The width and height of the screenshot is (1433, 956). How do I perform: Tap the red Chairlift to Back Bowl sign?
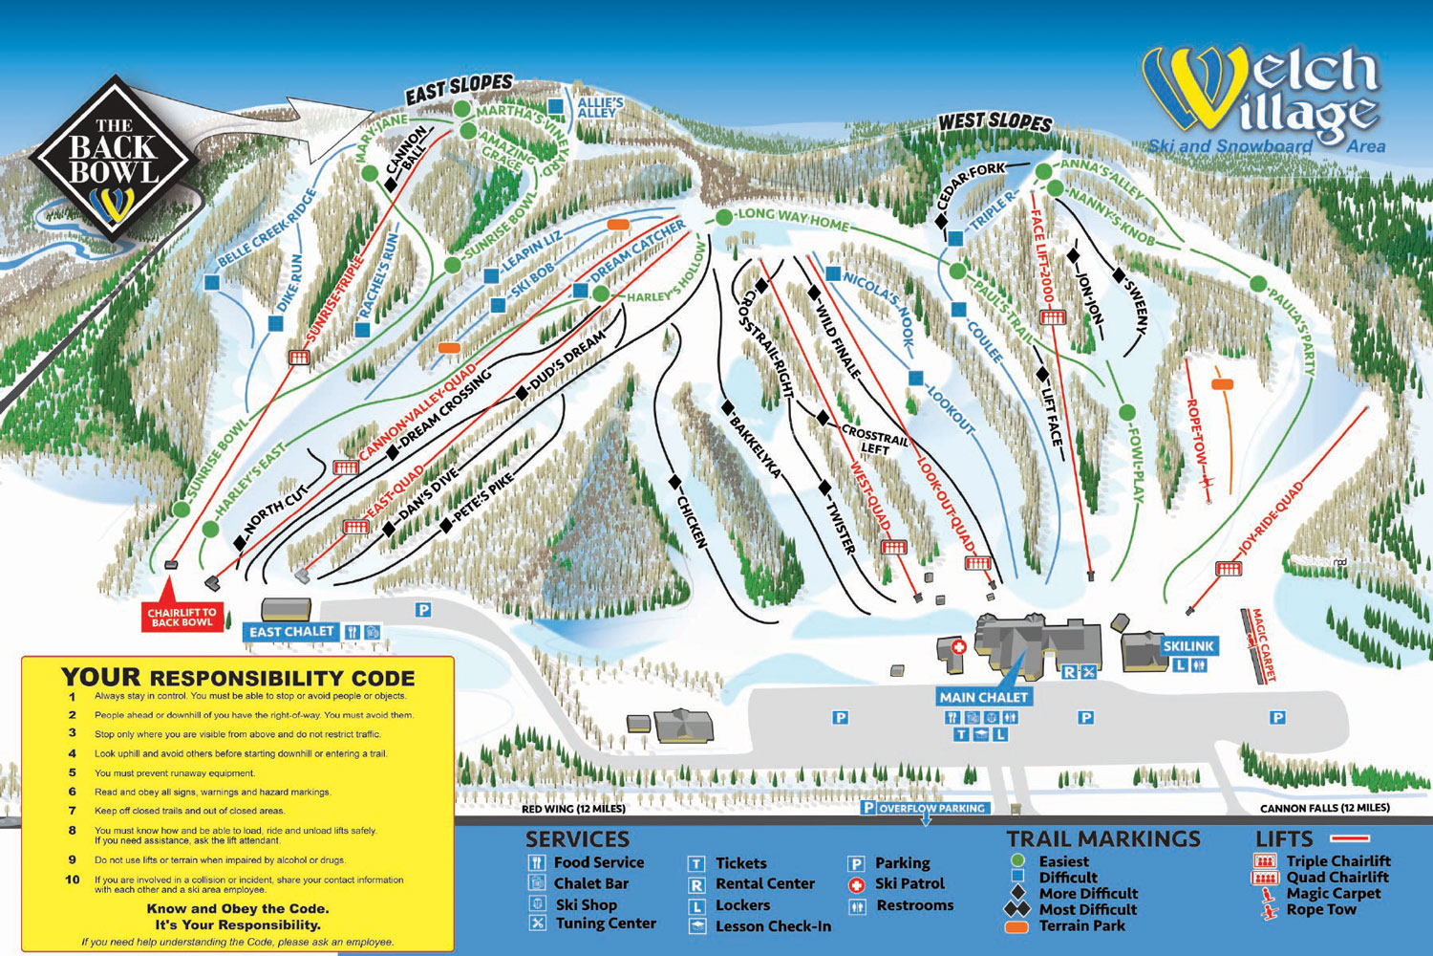[182, 617]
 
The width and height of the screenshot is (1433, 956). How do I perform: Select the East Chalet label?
[291, 632]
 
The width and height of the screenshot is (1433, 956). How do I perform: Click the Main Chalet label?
[983, 697]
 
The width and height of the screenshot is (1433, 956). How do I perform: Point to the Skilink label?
[1187, 646]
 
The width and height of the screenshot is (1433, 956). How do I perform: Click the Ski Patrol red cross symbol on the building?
[958, 647]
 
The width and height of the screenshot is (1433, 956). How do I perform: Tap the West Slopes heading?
[995, 121]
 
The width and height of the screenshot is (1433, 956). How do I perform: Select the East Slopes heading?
[459, 90]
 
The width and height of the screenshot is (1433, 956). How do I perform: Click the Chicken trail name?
[692, 522]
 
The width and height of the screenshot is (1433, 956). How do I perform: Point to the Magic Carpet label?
[1263, 645]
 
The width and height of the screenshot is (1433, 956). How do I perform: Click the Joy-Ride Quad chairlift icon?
[1228, 569]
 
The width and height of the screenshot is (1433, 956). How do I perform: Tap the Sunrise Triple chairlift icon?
[299, 357]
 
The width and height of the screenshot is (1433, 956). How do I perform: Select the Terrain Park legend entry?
[1081, 926]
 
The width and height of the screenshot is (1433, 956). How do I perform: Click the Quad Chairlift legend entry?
[1337, 878]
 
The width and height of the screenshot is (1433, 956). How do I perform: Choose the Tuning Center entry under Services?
[605, 923]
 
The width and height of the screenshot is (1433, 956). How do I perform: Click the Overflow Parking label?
[930, 809]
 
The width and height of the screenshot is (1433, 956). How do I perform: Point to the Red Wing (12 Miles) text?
[573, 809]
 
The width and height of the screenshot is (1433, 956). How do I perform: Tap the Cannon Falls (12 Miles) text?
[1324, 809]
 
